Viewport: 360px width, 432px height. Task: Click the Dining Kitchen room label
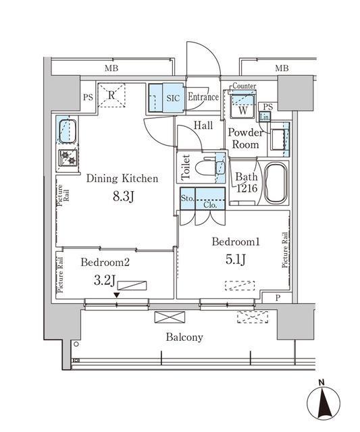(122, 179)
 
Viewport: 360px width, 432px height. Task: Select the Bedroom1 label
(236, 242)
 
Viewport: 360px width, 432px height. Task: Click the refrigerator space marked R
(111, 94)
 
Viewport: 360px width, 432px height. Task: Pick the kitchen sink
(68, 131)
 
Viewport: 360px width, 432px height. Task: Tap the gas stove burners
(68, 158)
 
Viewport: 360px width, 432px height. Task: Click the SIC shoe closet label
(173, 97)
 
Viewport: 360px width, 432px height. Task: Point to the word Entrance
(203, 97)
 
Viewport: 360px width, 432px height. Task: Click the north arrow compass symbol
(323, 403)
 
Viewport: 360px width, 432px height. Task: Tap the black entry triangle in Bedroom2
(117, 295)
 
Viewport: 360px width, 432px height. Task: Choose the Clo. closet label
(211, 205)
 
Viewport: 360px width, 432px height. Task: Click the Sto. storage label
(187, 198)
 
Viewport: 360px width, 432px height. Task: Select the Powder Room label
(245, 138)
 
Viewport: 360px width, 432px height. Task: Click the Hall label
(203, 126)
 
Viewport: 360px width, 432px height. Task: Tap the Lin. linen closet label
(267, 117)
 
